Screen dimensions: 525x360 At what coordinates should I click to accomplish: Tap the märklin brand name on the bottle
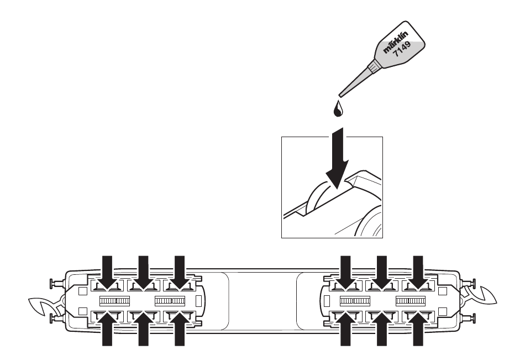[x=396, y=42]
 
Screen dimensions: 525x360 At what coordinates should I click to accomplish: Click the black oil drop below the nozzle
[x=338, y=108]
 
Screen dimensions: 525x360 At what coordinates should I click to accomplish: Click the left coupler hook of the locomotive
[x=44, y=306]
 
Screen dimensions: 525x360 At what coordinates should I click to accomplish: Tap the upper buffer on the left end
[x=56, y=284]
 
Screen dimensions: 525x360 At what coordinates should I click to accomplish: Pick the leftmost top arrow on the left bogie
[x=107, y=272]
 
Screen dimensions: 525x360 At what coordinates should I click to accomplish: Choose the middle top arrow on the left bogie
[x=143, y=272]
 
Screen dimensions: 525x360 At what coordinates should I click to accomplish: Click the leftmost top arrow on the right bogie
[x=345, y=272]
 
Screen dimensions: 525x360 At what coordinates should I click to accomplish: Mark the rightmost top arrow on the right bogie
[x=418, y=272]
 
